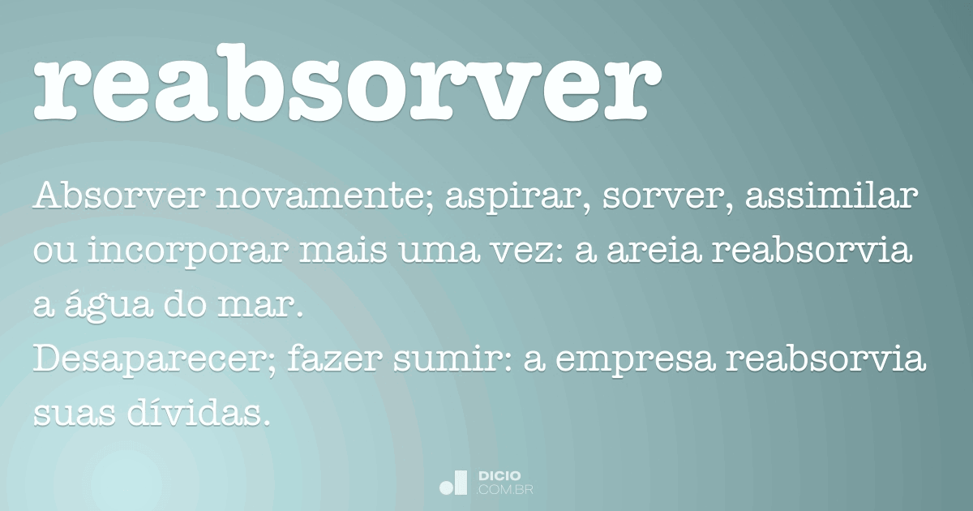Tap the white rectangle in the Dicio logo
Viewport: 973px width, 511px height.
click(x=461, y=483)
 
